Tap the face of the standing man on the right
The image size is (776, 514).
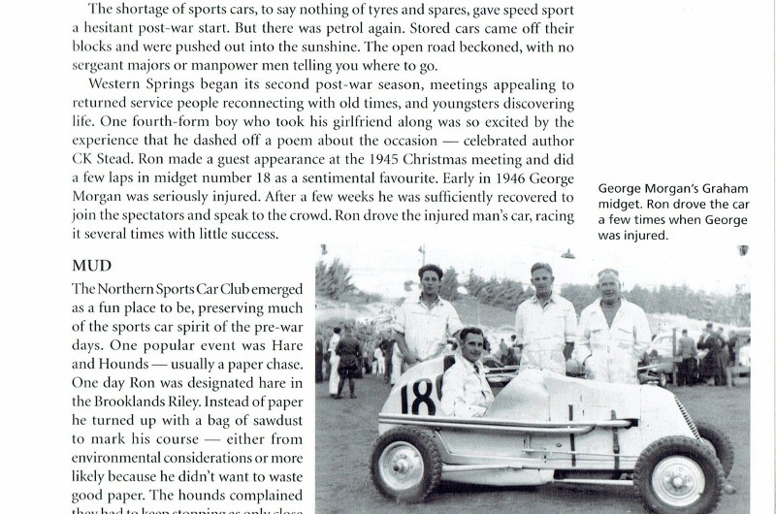608,287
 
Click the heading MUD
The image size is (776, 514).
93,264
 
